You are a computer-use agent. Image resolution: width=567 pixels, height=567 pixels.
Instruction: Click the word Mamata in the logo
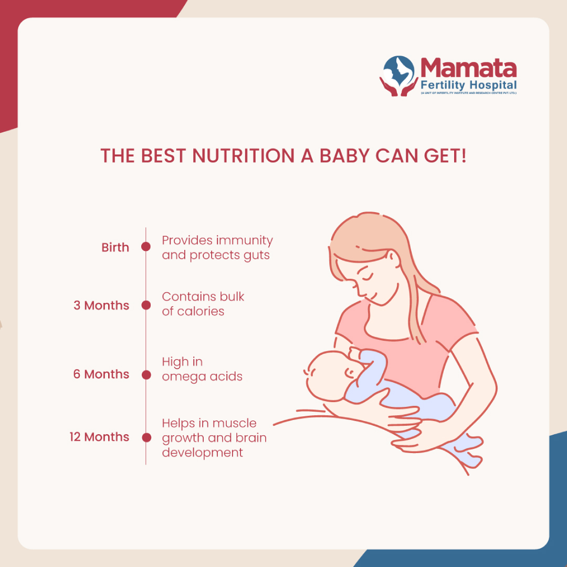pyautogui.click(x=469, y=68)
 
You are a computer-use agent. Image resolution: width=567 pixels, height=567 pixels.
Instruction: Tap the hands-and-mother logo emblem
pyautogui.click(x=399, y=76)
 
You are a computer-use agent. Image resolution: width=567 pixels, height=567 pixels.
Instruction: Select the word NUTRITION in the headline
pyautogui.click(x=244, y=156)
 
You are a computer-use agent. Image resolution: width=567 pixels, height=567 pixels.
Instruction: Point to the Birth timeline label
pyautogui.click(x=115, y=247)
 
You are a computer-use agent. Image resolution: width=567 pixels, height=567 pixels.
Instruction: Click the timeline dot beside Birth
pyautogui.click(x=146, y=247)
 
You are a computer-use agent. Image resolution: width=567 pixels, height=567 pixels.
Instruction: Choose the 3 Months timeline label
pyautogui.click(x=101, y=306)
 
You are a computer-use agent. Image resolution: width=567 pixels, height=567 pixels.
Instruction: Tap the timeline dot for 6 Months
pyautogui.click(x=146, y=375)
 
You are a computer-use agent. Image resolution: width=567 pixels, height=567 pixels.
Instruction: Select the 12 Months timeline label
pyautogui.click(x=99, y=437)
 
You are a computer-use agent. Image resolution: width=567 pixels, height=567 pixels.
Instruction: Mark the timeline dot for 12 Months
pyautogui.click(x=146, y=437)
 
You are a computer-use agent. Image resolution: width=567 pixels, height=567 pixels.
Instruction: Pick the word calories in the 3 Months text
pyautogui.click(x=201, y=311)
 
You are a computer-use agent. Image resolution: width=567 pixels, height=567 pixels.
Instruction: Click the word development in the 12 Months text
pyautogui.click(x=203, y=453)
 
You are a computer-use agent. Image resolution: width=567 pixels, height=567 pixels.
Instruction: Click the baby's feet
pyautogui.click(x=468, y=452)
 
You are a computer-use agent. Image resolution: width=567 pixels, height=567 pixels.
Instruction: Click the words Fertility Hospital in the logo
pyautogui.click(x=469, y=86)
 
